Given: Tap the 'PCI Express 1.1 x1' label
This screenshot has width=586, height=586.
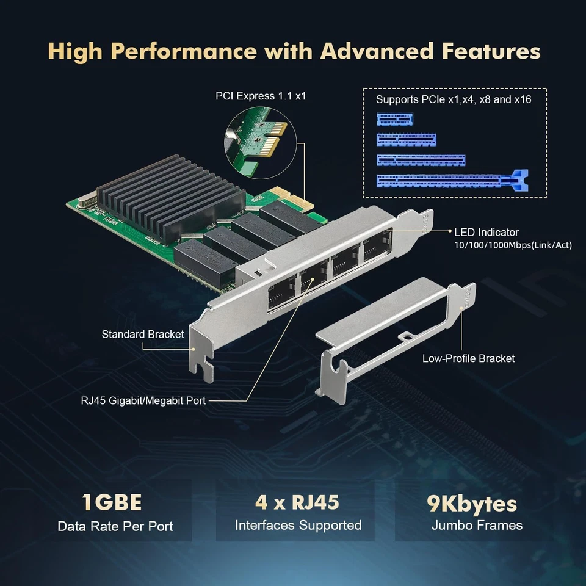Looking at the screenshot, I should pyautogui.click(x=261, y=96).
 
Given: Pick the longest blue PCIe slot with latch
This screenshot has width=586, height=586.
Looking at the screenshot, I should pyautogui.click(x=451, y=180).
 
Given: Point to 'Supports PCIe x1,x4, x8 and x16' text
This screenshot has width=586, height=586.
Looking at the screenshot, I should pyautogui.click(x=454, y=99).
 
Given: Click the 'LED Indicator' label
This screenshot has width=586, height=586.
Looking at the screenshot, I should pyautogui.click(x=487, y=232).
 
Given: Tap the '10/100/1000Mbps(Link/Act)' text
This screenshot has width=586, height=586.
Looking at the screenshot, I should pyautogui.click(x=513, y=245).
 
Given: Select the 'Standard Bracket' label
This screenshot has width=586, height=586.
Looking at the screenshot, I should pyautogui.click(x=143, y=334).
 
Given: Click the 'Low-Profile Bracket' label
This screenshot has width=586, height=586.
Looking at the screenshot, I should pyautogui.click(x=468, y=358).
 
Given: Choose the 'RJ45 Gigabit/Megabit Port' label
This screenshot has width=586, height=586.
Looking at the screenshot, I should pyautogui.click(x=143, y=400).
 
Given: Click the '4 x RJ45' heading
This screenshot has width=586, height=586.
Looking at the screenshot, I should pyautogui.click(x=297, y=503).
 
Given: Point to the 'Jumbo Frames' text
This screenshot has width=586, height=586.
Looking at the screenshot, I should pyautogui.click(x=477, y=525).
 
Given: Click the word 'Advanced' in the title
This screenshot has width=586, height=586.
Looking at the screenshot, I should pyautogui.click(x=381, y=51).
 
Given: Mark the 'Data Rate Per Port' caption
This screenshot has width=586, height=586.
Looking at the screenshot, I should pyautogui.click(x=115, y=526).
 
